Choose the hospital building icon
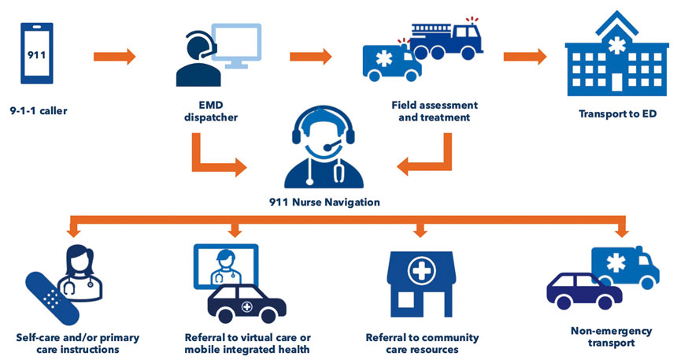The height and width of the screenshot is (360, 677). tap(612, 59)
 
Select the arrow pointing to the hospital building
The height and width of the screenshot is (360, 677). tap(524, 56)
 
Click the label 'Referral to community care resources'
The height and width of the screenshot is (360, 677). tap(422, 343)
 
